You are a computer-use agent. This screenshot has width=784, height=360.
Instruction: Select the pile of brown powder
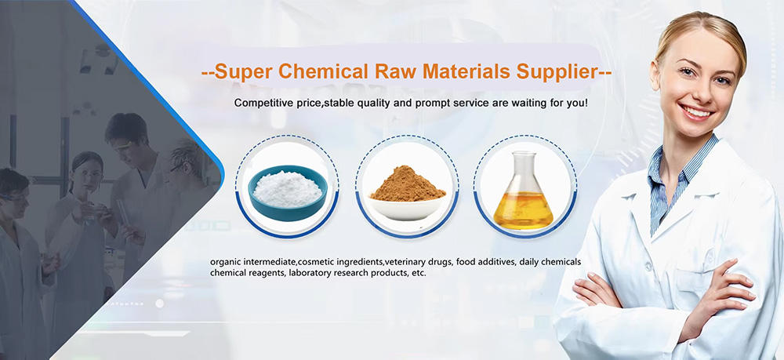pyautogui.click(x=407, y=184)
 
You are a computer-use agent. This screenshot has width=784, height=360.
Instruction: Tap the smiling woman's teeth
pyautogui.click(x=696, y=113)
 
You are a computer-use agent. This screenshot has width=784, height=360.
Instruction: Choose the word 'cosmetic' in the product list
pyautogui.click(x=316, y=262)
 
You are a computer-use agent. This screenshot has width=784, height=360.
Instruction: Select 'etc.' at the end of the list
pyautogui.click(x=418, y=274)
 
